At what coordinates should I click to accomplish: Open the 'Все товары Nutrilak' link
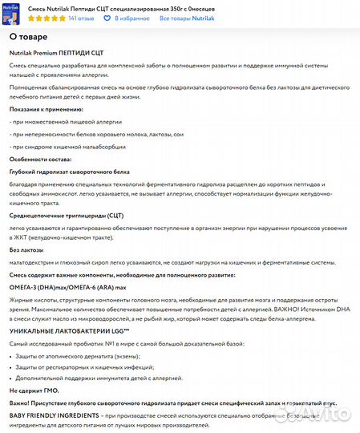click(186, 17)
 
